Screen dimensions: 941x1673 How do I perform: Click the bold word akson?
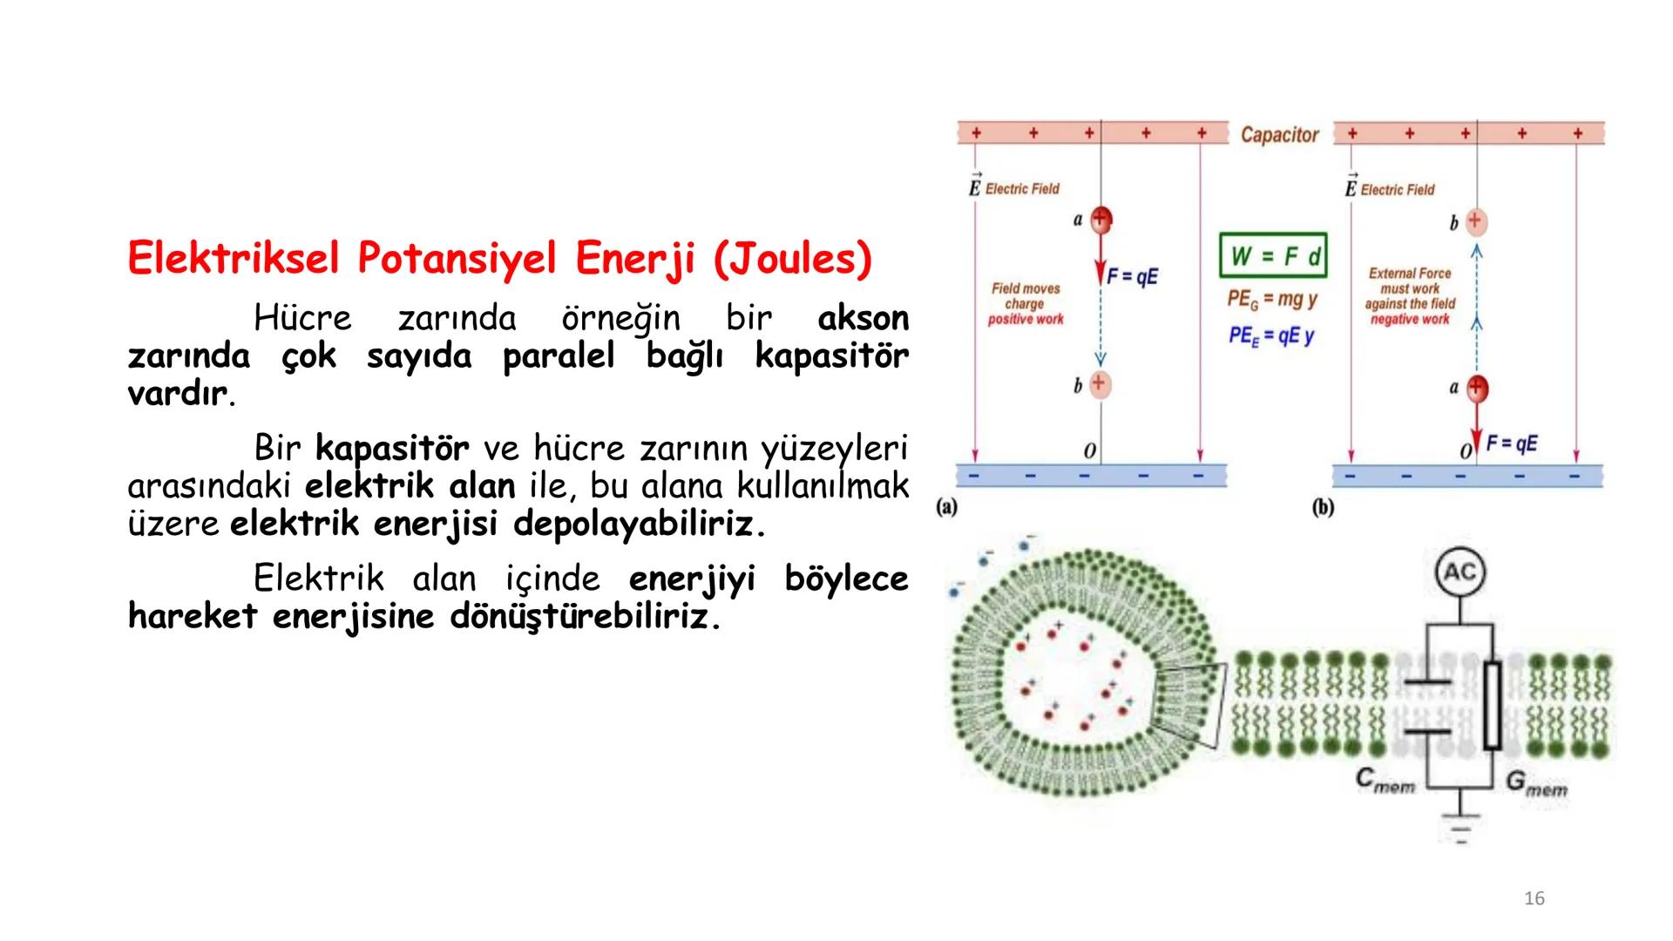point(863,319)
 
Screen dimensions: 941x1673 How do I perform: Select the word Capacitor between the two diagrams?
point(1279,135)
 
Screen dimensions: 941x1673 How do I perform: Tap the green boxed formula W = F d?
point(1273,255)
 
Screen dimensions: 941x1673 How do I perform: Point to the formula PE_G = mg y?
point(1271,299)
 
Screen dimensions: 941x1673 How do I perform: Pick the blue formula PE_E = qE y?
point(1271,335)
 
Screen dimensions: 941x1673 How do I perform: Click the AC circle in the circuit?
point(1460,572)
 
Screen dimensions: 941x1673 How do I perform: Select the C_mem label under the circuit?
point(1385,781)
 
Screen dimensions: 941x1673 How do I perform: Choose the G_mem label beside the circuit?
point(1536,784)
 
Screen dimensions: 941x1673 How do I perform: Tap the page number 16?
point(1534,898)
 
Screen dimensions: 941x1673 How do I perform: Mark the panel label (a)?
point(947,507)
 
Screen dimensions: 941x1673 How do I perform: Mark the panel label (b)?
point(1323,507)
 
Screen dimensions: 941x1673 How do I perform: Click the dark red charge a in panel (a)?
point(1101,220)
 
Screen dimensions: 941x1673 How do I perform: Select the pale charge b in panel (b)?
point(1475,221)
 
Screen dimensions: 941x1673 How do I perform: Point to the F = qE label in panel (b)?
point(1512,443)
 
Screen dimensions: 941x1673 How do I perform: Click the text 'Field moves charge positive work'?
point(1026,304)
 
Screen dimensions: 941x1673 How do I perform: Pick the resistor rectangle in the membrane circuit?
point(1492,706)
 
